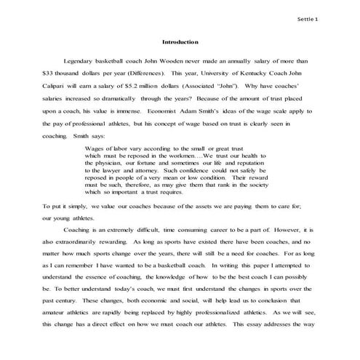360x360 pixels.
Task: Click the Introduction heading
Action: click(x=180, y=42)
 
